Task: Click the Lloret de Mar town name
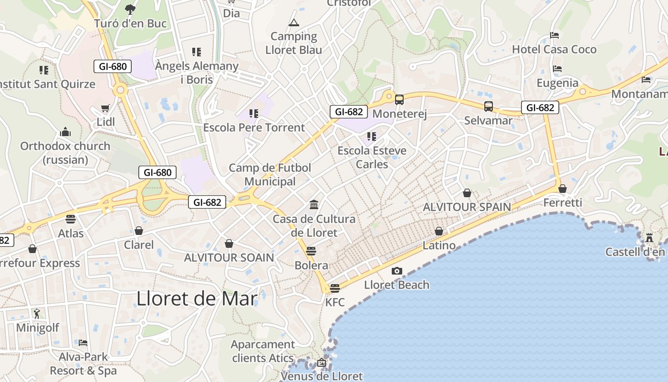click(197, 298)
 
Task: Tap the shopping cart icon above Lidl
click(105, 108)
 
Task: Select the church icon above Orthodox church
click(65, 132)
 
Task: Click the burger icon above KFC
click(335, 288)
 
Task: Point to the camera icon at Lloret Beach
click(397, 271)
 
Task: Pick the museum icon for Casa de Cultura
click(314, 205)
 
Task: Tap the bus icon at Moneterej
click(399, 100)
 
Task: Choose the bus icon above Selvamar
click(489, 106)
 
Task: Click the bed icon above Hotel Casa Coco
click(554, 35)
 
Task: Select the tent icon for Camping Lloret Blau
click(293, 22)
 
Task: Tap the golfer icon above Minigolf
click(37, 314)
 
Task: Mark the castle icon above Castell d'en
click(649, 237)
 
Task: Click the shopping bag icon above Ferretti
click(563, 189)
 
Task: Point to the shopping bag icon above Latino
click(439, 232)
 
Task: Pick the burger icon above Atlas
click(71, 219)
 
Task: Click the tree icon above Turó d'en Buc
click(130, 9)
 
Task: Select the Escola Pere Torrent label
click(254, 127)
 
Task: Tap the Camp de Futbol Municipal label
click(270, 175)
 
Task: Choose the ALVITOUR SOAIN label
click(229, 258)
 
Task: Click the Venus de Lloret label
click(322, 376)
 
